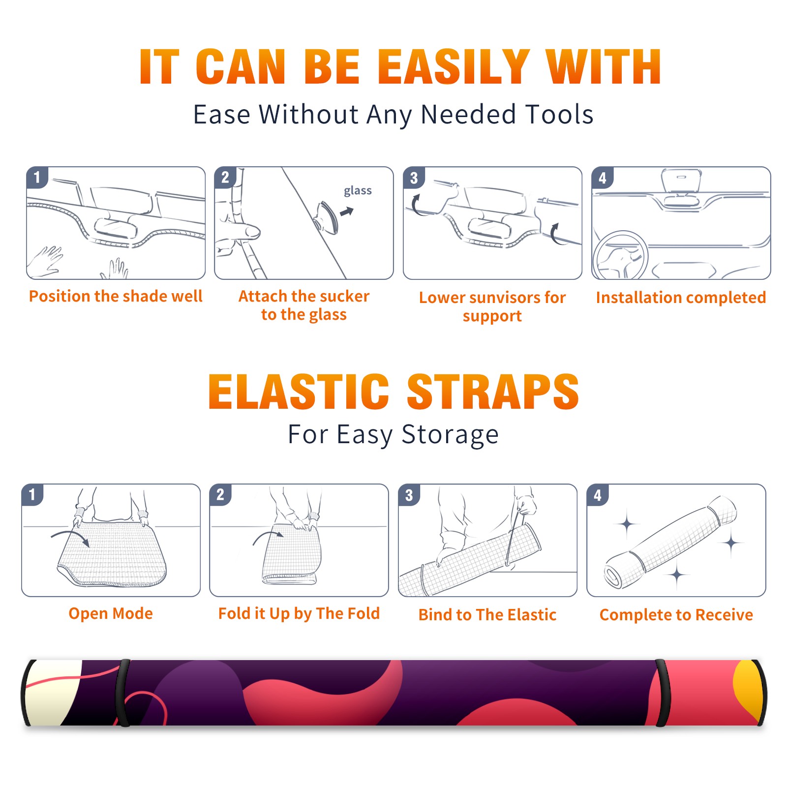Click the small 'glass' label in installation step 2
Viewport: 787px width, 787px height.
pos(358,191)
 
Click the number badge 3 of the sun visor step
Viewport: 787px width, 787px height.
pos(414,178)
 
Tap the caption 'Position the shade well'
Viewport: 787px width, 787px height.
pos(116,296)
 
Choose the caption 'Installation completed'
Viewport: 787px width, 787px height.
pos(681,298)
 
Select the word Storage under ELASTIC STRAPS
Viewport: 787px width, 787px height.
pos(450,435)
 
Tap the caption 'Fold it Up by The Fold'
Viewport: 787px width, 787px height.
pos(299,614)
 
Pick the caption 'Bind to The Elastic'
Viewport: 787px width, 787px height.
pos(487,615)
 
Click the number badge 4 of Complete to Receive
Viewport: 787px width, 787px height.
pos(598,495)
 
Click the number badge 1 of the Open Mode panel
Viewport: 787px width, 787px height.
pos(32,495)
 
